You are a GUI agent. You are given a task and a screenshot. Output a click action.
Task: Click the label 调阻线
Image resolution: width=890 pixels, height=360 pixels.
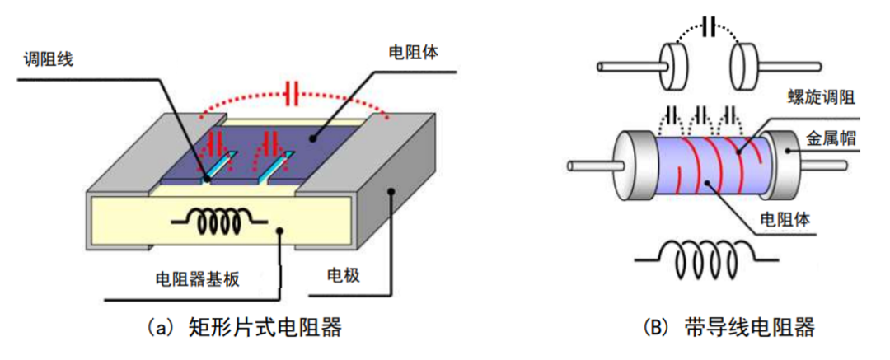click(49, 60)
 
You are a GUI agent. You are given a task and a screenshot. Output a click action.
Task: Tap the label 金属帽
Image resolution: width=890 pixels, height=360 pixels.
click(831, 138)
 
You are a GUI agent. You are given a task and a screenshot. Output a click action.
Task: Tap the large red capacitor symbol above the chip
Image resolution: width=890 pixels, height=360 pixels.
click(289, 94)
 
